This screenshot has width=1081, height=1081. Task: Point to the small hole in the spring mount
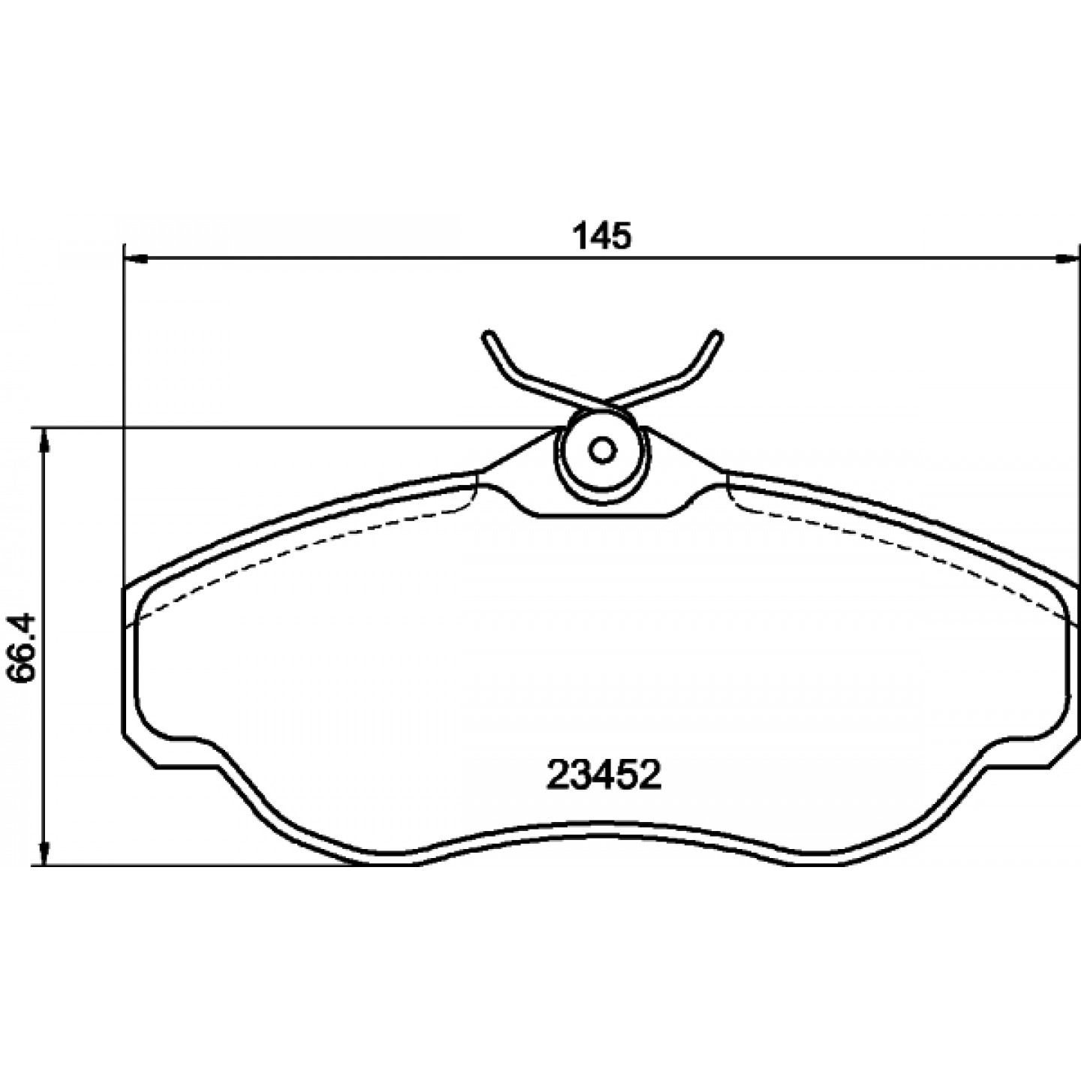coord(603,450)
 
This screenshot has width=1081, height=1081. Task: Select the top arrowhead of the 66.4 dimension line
coord(44,441)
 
